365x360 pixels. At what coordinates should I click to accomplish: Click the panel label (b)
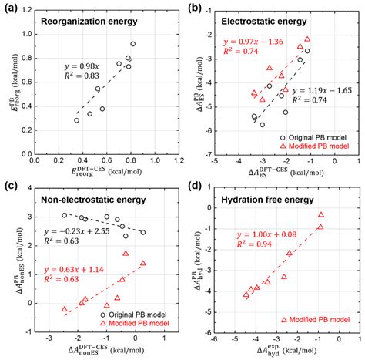196,8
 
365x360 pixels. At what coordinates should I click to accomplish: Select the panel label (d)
196,187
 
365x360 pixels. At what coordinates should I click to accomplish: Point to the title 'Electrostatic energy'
268,22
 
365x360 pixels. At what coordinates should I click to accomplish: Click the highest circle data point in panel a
133,44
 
